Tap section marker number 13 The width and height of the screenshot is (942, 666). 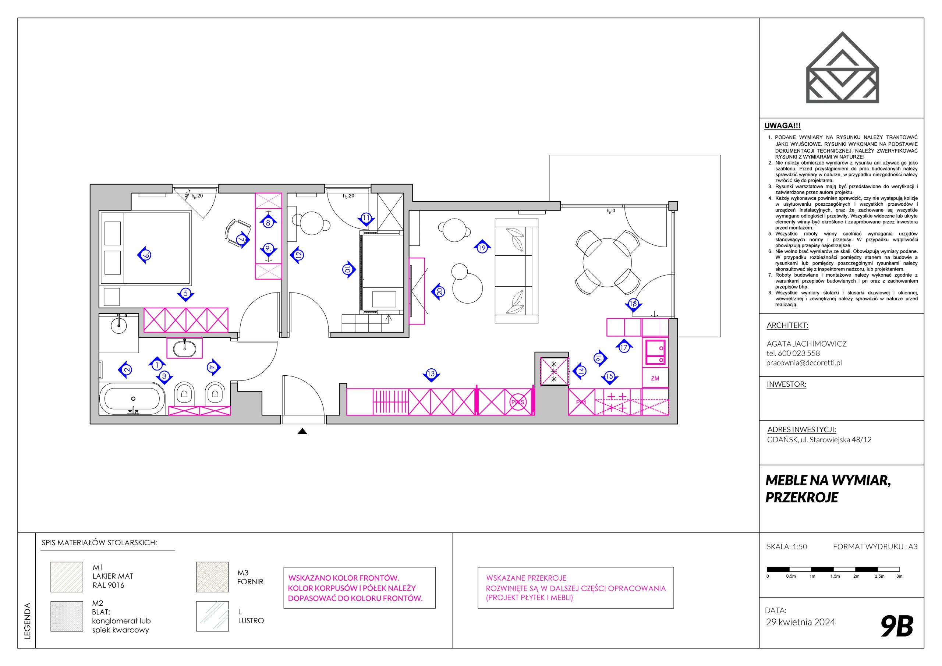click(x=431, y=374)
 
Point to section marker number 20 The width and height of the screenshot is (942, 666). click(x=439, y=291)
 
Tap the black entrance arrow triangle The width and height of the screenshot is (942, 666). click(x=302, y=431)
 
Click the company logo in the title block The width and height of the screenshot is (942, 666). click(x=843, y=67)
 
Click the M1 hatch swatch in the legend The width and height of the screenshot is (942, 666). click(x=67, y=577)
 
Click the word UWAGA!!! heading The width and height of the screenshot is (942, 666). click(x=782, y=126)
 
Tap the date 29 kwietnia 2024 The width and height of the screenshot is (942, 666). click(x=800, y=622)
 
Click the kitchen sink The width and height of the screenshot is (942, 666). click(x=655, y=352)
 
